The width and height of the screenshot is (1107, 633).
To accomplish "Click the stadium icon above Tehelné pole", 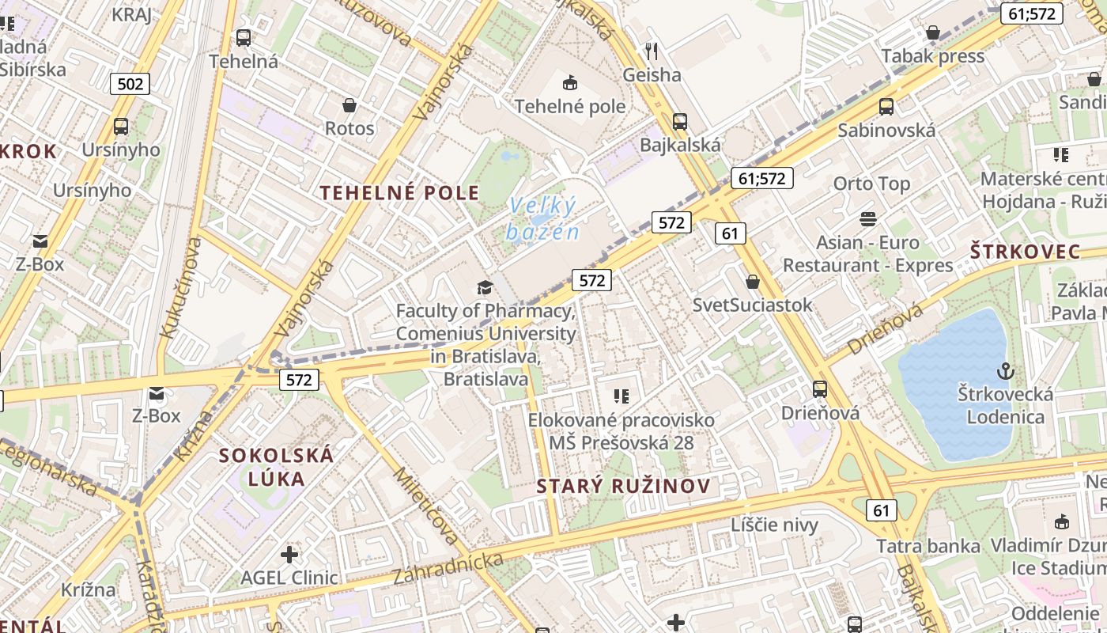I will point(569,82).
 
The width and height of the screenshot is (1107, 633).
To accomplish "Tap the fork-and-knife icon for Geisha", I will point(652,51).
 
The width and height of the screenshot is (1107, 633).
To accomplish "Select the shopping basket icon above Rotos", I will point(349,104).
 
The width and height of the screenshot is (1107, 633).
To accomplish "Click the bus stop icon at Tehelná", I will point(244,37).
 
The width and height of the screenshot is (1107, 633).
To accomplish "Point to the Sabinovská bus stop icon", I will point(886,107).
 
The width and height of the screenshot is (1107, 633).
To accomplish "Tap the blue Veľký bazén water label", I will point(542,218).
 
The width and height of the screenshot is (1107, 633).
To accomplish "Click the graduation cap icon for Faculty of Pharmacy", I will point(485,287).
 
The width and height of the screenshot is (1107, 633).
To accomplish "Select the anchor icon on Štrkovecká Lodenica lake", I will point(1005,370).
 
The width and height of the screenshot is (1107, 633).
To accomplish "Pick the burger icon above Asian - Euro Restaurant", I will point(868,218).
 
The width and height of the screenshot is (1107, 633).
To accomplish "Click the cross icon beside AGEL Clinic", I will point(289,554).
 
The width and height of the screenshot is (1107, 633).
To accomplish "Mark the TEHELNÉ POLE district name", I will point(399,192).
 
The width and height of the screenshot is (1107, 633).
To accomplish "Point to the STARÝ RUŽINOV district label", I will point(623,486).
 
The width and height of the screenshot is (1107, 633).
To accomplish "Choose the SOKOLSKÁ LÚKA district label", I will point(276,467).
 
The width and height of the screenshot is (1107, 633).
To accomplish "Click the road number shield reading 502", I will point(130,84).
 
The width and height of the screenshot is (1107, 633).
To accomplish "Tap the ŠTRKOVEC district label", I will point(1025,252).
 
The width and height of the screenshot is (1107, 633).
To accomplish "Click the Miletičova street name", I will point(426,506).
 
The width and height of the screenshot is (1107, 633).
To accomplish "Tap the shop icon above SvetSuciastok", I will point(753,282).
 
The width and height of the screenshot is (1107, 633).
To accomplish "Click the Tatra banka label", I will point(928,546).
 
